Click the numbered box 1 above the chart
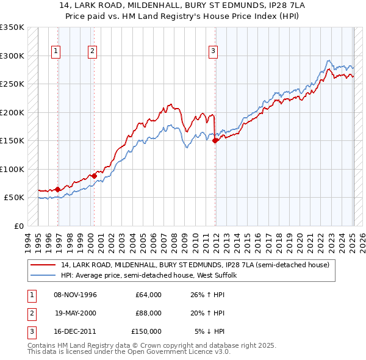click(x=56, y=51)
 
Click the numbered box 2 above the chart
click(x=92, y=51)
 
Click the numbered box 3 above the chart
click(x=213, y=51)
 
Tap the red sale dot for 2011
click(x=215, y=140)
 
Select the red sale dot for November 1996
click(x=57, y=189)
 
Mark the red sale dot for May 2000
click(x=94, y=176)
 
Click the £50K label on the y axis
click(x=14, y=198)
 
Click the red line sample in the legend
click(x=44, y=265)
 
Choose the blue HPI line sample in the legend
click(x=44, y=276)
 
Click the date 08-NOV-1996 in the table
click(x=76, y=295)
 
